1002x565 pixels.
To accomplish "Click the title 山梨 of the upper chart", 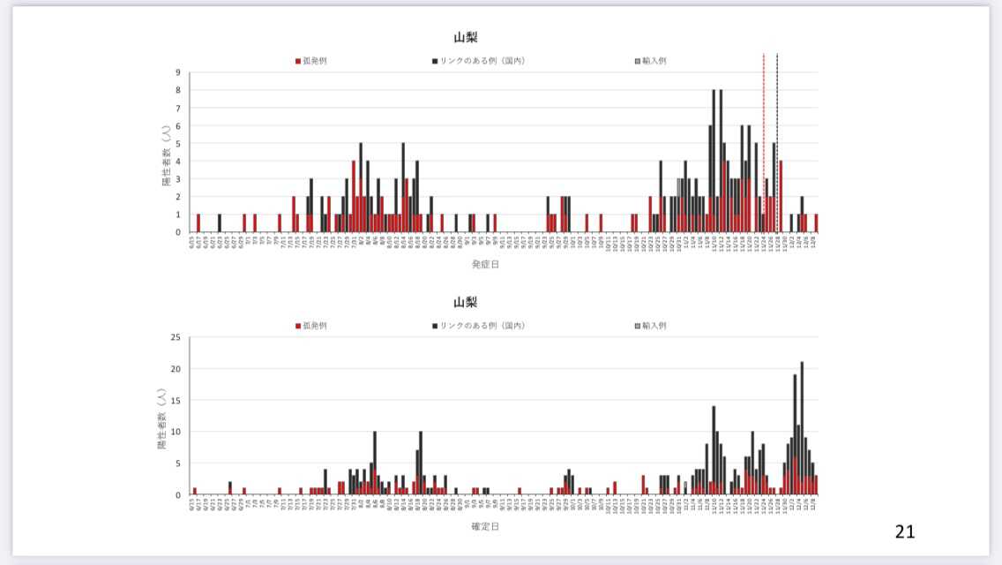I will coord(466,37).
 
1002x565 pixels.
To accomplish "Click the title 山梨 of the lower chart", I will coord(466,302).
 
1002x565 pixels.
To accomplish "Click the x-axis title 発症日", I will coord(484,264).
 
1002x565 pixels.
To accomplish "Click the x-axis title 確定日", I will coord(484,527).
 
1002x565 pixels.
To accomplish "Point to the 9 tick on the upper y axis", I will coord(179,72).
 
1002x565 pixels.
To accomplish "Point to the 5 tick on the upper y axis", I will coord(179,143).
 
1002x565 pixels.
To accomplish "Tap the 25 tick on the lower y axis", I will coord(176,337).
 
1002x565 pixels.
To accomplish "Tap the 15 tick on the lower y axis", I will coord(176,400).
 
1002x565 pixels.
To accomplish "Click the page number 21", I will coord(905,531).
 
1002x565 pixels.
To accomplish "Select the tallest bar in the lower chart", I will coord(802,424).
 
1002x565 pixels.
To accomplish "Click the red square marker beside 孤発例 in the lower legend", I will coord(298,326).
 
